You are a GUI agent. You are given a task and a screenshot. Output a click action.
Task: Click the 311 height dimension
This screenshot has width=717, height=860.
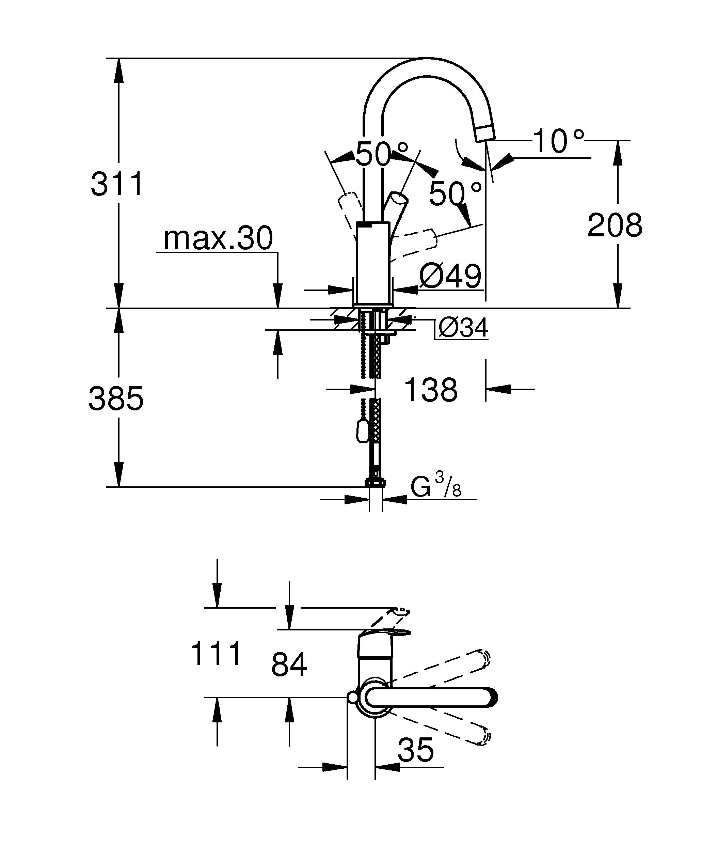pos(117,184)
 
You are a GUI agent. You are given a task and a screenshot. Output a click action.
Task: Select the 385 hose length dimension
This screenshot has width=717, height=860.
pos(116,398)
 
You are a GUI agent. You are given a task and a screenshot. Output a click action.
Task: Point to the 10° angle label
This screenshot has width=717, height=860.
pos(559,142)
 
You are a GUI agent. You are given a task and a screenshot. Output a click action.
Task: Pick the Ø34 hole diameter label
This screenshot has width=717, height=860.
pos(463,328)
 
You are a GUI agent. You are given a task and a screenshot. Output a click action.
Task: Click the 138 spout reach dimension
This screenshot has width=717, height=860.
pos(431,390)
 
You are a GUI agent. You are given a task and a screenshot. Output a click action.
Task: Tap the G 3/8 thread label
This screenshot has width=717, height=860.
pos(436,488)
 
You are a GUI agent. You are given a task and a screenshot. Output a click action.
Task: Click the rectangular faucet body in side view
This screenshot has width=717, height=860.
pos(373,262)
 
